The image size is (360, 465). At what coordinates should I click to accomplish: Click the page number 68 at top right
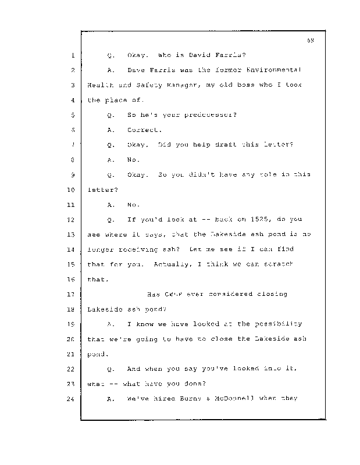pyautogui.click(x=311, y=40)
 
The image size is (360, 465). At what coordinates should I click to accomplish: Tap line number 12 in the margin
pyautogui.click(x=72, y=219)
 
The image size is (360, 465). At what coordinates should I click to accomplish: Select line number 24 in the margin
pyautogui.click(x=72, y=398)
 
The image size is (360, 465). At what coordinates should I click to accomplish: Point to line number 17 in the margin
pyautogui.click(x=72, y=294)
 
